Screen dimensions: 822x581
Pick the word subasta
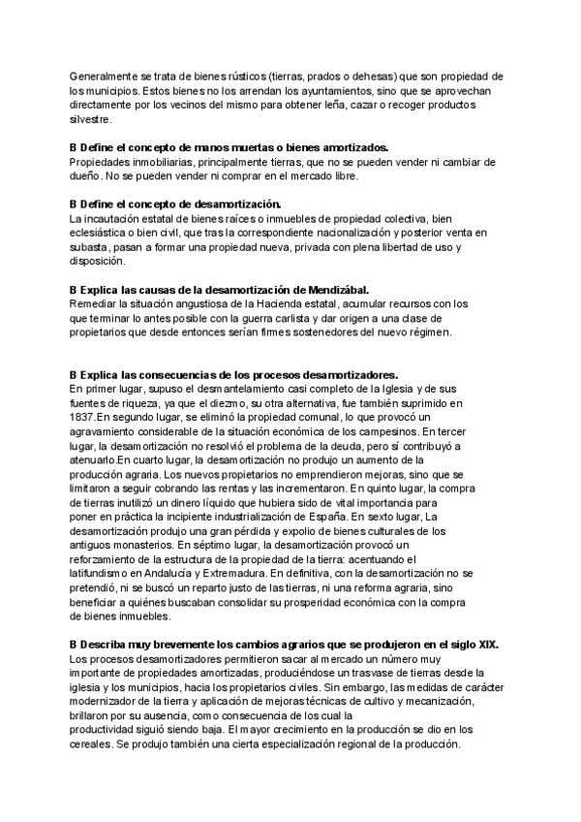(89, 248)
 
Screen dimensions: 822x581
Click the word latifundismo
(107, 573)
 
